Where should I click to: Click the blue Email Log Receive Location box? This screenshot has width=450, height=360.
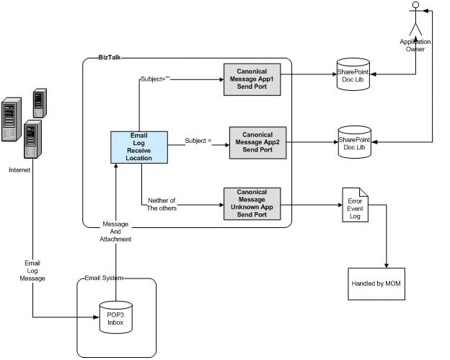[x=139, y=147]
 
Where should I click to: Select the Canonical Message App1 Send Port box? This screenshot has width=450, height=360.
[x=252, y=79]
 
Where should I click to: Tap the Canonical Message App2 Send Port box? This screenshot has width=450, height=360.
[x=257, y=143]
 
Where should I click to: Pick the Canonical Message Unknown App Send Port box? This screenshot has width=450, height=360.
[x=252, y=204]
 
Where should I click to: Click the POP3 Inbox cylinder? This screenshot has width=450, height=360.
[x=115, y=317]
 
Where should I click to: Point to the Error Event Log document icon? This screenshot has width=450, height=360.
[x=355, y=205]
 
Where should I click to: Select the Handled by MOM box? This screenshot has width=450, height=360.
[x=376, y=284]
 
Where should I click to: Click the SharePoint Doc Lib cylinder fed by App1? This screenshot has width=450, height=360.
[x=353, y=74]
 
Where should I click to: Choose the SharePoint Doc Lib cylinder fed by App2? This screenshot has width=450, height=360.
[x=354, y=142]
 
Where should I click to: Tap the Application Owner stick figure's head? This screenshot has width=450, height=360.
[x=415, y=5]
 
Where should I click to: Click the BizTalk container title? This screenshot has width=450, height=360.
[x=110, y=58]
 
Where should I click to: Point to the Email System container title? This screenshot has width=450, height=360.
[x=104, y=278]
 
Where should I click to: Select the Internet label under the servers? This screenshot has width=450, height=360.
[x=19, y=170]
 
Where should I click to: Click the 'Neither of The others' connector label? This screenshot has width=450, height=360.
[x=162, y=204]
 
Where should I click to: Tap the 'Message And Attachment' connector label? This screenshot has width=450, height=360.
[x=115, y=232]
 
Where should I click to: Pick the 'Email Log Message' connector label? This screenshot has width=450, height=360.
[x=32, y=271]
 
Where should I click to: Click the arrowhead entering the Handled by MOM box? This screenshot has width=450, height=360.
[x=387, y=265]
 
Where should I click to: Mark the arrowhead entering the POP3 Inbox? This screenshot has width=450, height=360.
[x=97, y=317]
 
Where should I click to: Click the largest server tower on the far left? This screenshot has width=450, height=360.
[x=12, y=120]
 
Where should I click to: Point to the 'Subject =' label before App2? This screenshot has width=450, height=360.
[x=198, y=141]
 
